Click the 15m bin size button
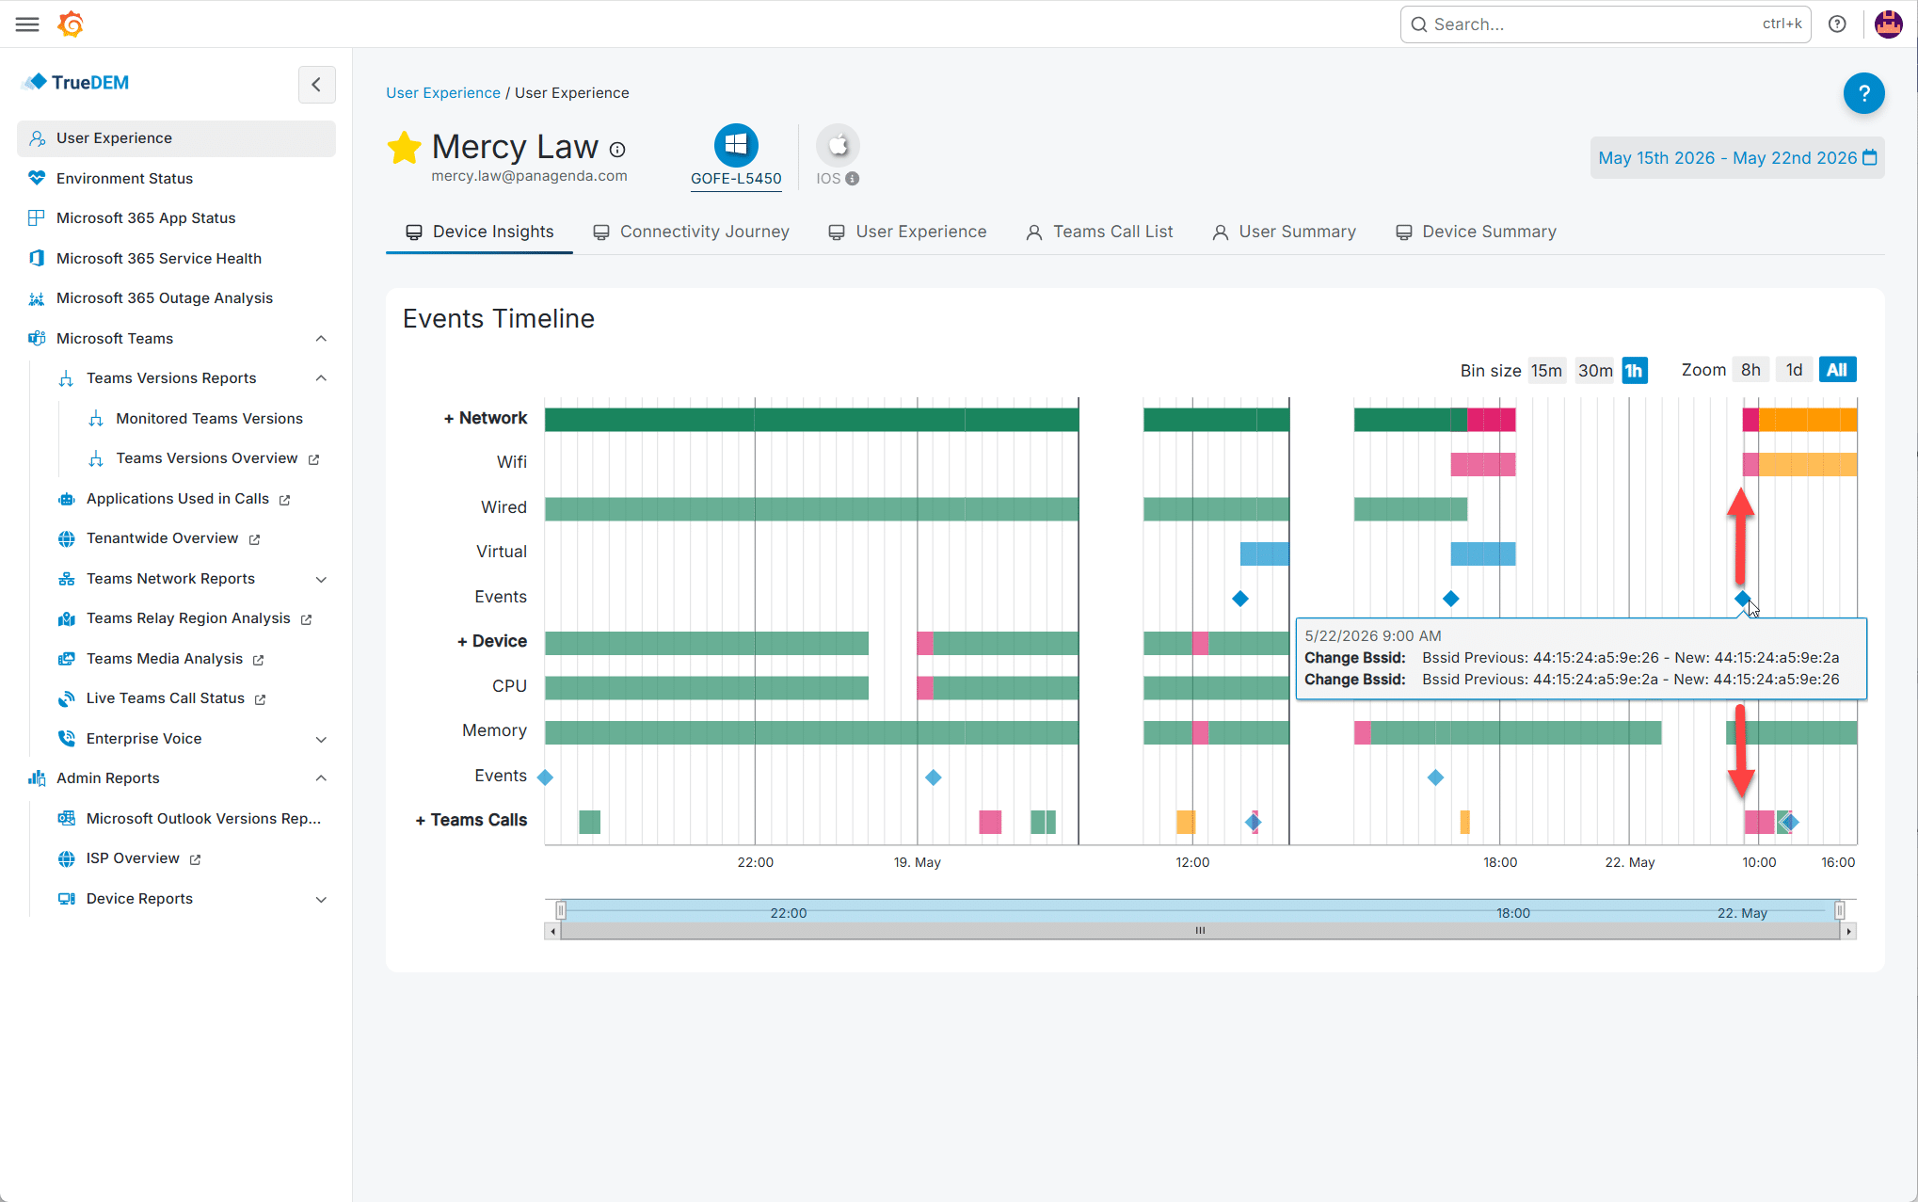tap(1546, 370)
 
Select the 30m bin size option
tap(1595, 370)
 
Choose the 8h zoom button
tap(1750, 370)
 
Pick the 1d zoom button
tap(1795, 370)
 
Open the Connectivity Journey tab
tap(691, 232)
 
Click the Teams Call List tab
tap(1099, 232)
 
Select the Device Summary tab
tap(1476, 232)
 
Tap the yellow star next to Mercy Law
tap(404, 148)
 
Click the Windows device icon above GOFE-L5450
tap(736, 145)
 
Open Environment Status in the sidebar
tap(124, 178)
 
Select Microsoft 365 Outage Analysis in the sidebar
tap(165, 297)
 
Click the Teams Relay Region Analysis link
tap(188, 618)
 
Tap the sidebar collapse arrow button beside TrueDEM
tap(316, 84)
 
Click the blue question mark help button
tap(1863, 93)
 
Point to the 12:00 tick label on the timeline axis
tap(1192, 862)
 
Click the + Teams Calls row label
tap(472, 820)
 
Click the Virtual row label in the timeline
tap(502, 552)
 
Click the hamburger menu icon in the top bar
tap(27, 24)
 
